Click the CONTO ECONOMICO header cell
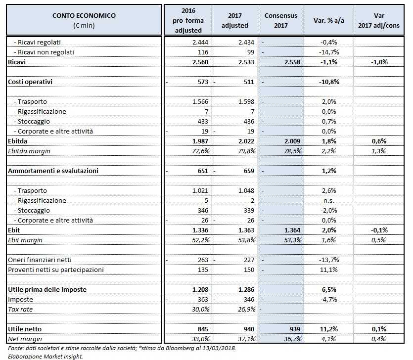coord(84,20)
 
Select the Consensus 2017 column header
coord(280,20)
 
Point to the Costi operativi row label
coord(30,82)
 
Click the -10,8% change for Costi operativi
coord(329,82)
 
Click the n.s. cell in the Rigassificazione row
coord(329,200)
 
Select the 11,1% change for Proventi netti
coord(329,270)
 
